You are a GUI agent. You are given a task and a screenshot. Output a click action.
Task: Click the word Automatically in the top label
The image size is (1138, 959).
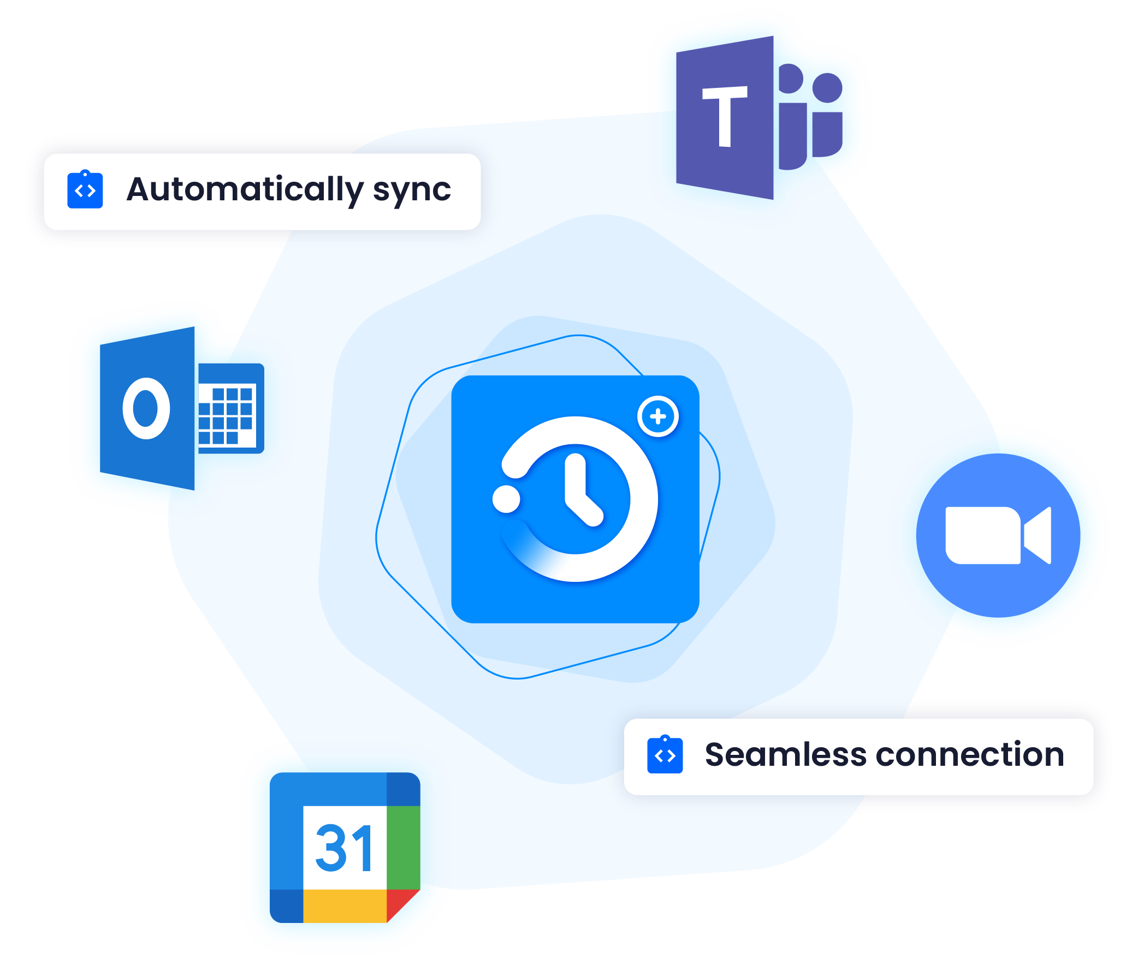point(245,189)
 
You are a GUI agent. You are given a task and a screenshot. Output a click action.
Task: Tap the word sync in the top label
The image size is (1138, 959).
point(412,190)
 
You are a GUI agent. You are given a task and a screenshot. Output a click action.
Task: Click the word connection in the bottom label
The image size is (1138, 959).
point(969,755)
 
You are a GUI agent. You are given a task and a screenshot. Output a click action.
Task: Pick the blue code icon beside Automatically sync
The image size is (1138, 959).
point(85,190)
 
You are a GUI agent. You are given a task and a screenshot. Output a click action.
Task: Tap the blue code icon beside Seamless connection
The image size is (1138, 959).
point(665,755)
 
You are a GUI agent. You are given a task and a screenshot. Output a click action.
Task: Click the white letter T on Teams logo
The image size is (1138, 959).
point(725,116)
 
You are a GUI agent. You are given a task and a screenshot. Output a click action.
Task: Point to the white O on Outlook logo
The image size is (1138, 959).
point(146,408)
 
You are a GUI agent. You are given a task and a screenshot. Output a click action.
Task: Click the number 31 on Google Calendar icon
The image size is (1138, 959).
point(345,848)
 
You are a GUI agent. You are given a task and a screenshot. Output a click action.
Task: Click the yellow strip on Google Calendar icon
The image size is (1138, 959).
point(345,906)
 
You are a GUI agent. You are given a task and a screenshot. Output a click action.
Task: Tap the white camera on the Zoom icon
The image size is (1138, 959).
point(997,535)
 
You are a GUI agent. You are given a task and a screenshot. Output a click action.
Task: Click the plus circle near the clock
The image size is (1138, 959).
point(658,416)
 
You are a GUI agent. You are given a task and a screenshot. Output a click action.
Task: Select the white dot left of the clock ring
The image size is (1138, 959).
point(506,499)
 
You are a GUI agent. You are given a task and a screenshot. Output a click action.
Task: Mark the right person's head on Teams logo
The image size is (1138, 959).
point(827,88)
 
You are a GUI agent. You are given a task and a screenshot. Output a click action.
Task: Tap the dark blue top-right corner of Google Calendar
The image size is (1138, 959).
point(403,789)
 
